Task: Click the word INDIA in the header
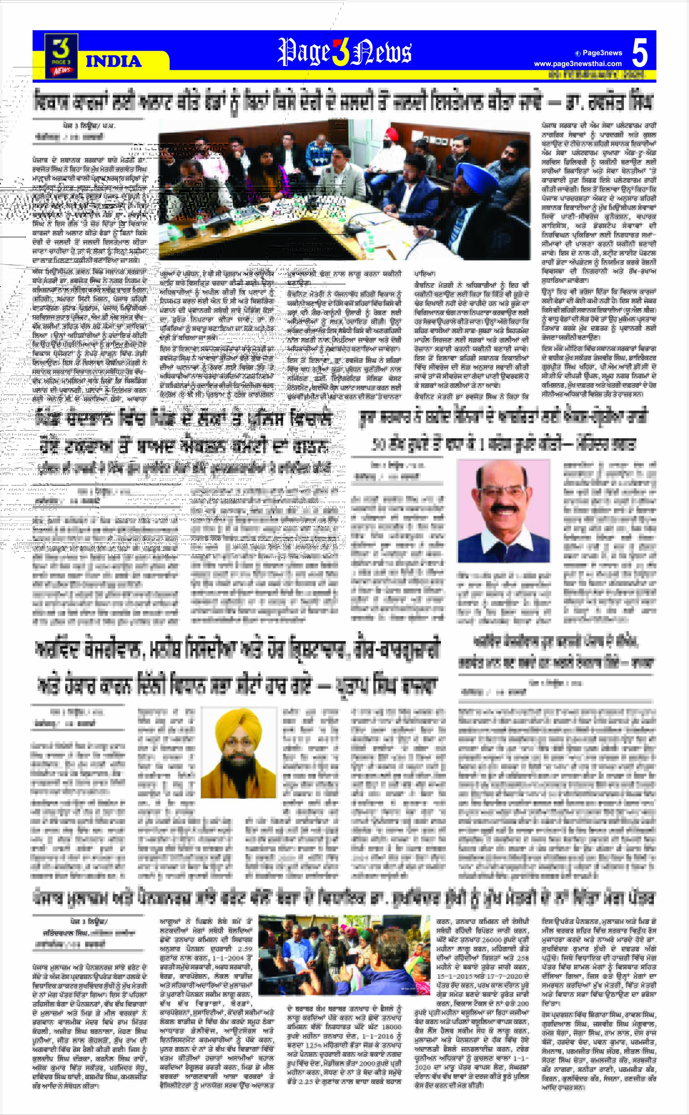point(113,61)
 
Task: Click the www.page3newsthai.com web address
point(578,64)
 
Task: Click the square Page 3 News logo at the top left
point(61,55)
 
